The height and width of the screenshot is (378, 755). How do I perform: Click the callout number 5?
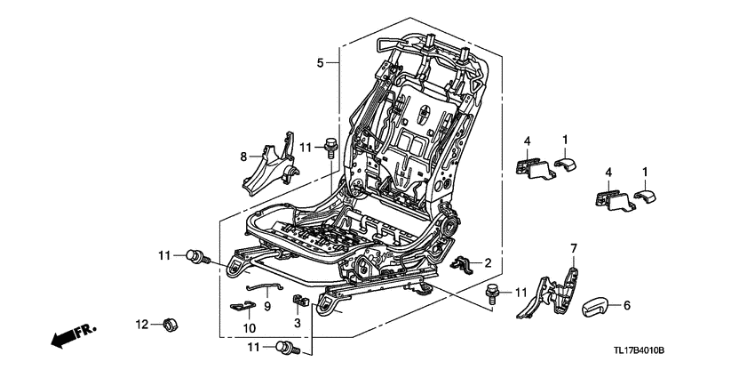[321, 63]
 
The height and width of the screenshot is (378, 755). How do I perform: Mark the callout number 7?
[574, 248]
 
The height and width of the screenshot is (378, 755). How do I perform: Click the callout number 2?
[487, 262]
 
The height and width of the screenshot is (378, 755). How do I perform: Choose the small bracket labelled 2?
[462, 262]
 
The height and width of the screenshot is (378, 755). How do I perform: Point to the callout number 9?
[266, 305]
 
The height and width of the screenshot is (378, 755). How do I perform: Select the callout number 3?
[298, 324]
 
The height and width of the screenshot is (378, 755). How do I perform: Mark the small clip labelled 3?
[298, 302]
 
